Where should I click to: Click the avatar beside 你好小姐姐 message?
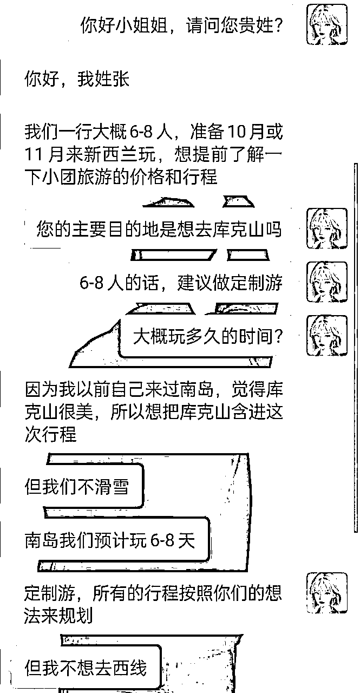tap(327, 24)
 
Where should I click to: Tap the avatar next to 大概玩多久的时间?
tap(327, 335)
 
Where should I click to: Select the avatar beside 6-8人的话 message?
tap(327, 282)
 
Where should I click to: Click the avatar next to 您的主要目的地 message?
tap(327, 228)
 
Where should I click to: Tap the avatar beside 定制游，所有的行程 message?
tap(327, 593)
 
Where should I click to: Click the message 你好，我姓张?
tap(77, 79)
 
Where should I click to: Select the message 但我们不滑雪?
tap(77, 486)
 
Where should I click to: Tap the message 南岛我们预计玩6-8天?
tap(110, 540)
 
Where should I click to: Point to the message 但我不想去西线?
tap(86, 668)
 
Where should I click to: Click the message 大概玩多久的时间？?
tap(208, 336)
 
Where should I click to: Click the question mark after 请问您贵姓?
tap(277, 25)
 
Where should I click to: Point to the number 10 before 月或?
tap(238, 132)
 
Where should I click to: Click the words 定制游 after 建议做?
tap(257, 283)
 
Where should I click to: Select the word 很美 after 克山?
tap(76, 411)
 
